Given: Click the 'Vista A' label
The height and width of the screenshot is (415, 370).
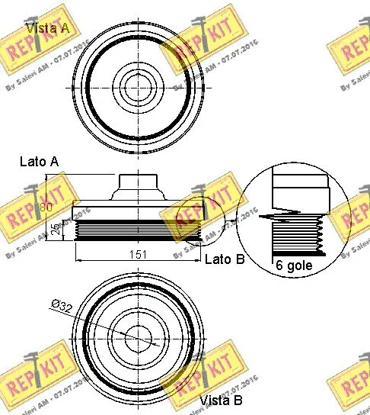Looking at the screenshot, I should (x=49, y=29).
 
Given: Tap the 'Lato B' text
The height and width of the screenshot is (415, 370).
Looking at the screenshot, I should (x=225, y=259).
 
